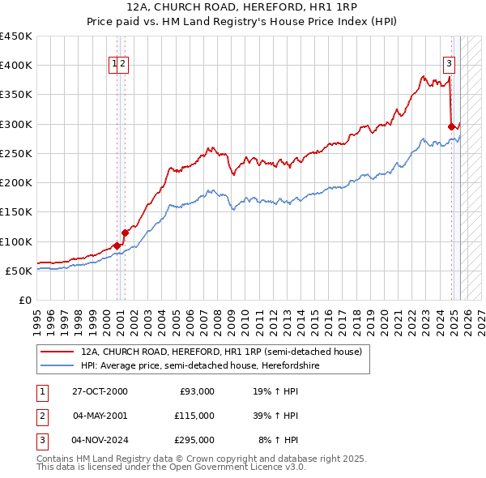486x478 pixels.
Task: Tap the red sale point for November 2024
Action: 451,126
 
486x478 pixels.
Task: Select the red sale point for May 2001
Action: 125,233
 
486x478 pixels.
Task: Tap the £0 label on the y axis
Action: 24,300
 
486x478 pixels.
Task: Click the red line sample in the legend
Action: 57,352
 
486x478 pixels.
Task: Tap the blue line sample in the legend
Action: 57,365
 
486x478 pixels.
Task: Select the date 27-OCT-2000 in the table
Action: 100,391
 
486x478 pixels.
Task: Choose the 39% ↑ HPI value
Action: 275,416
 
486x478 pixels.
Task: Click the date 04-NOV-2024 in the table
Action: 100,440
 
